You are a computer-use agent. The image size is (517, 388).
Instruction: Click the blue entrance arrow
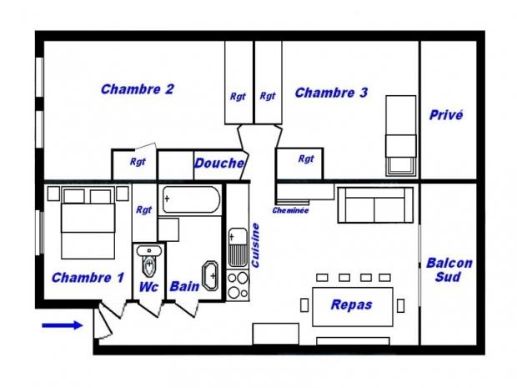[62, 325]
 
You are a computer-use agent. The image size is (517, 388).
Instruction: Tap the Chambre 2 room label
[137, 89]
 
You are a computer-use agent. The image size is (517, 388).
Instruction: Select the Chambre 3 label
[331, 93]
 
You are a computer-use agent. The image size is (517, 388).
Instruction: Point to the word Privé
[446, 115]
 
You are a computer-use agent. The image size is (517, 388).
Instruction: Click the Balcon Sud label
[449, 270]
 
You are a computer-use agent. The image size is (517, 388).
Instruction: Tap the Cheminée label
[290, 210]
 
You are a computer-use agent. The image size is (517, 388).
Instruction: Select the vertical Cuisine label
[255, 245]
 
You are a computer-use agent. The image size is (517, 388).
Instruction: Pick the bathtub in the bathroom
[191, 200]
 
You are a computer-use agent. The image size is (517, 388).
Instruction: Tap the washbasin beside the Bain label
[210, 275]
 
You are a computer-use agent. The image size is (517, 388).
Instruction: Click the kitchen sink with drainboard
[238, 247]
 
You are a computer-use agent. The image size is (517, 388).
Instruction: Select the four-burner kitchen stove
[238, 285]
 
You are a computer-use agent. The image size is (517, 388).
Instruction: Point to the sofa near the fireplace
[375, 205]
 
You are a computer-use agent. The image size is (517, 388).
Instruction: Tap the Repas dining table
[353, 307]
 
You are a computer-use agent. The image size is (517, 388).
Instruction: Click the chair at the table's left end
[304, 305]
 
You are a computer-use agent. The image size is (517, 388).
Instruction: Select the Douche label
[219, 163]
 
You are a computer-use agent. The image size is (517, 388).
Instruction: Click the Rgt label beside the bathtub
[144, 209]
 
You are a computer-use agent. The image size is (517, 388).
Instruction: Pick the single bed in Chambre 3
[401, 135]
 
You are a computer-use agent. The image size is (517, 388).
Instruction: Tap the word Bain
[184, 286]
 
